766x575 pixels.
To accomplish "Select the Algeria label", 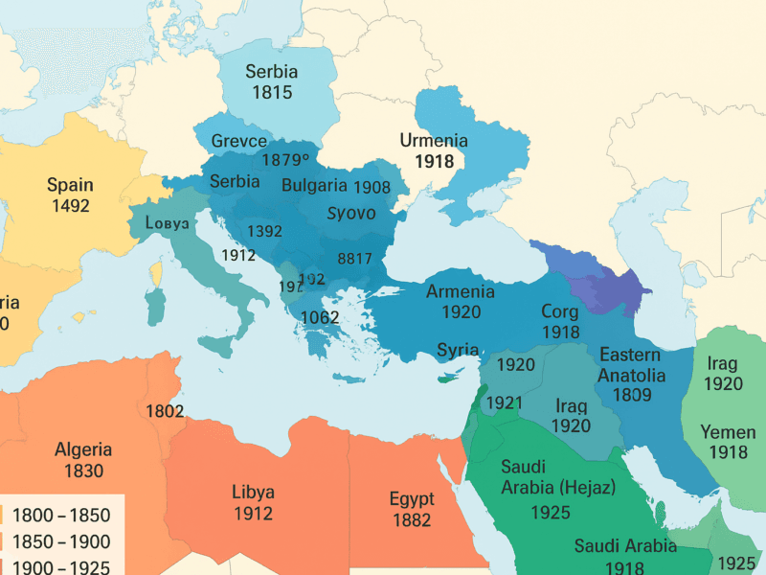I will click(83, 449).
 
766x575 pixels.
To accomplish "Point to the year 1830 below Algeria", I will click(83, 471).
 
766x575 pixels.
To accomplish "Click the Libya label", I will click(254, 492).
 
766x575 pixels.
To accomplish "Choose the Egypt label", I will click(412, 498).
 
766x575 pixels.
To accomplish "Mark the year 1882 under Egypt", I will click(412, 520).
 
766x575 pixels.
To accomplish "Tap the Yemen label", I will click(728, 431).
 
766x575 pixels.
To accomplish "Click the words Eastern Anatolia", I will click(629, 365).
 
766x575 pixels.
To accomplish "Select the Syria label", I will click(458, 350).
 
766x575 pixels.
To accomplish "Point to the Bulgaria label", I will click(314, 186).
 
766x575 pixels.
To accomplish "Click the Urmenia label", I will click(434, 141).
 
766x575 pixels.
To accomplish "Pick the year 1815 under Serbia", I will click(272, 93).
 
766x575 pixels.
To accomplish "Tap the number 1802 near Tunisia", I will click(165, 411).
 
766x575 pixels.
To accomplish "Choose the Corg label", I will click(560, 311).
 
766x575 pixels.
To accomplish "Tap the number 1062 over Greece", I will click(321, 317).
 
